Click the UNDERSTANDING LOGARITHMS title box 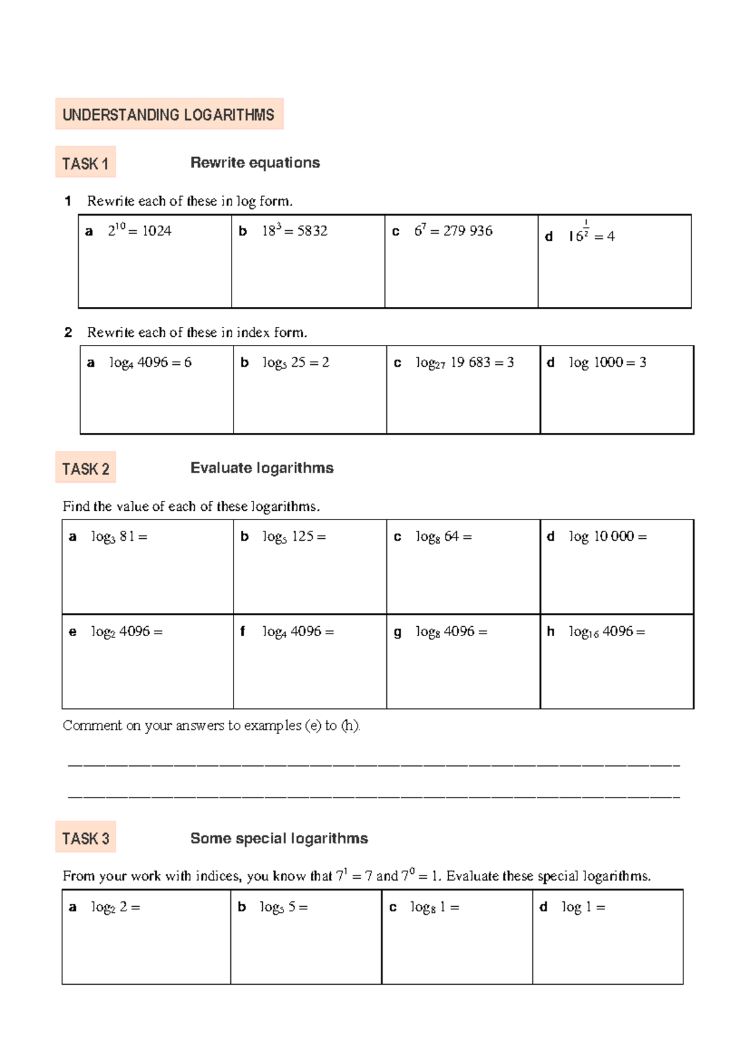[x=169, y=115]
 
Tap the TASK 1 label [x=86, y=163]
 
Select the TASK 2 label [x=86, y=468]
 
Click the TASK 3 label [x=86, y=838]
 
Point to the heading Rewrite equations [x=255, y=163]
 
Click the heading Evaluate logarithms [x=262, y=468]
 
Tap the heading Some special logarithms [x=279, y=838]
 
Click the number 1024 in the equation [x=157, y=231]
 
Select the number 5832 [x=312, y=231]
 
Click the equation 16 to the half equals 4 [x=590, y=235]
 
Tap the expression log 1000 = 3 [x=607, y=362]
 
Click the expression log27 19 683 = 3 [x=464, y=363]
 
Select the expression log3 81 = [x=119, y=537]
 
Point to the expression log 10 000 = [x=607, y=536]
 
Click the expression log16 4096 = [x=607, y=632]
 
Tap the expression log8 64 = [x=443, y=537]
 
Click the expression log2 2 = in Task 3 [x=115, y=907]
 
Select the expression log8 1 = [x=434, y=907]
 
